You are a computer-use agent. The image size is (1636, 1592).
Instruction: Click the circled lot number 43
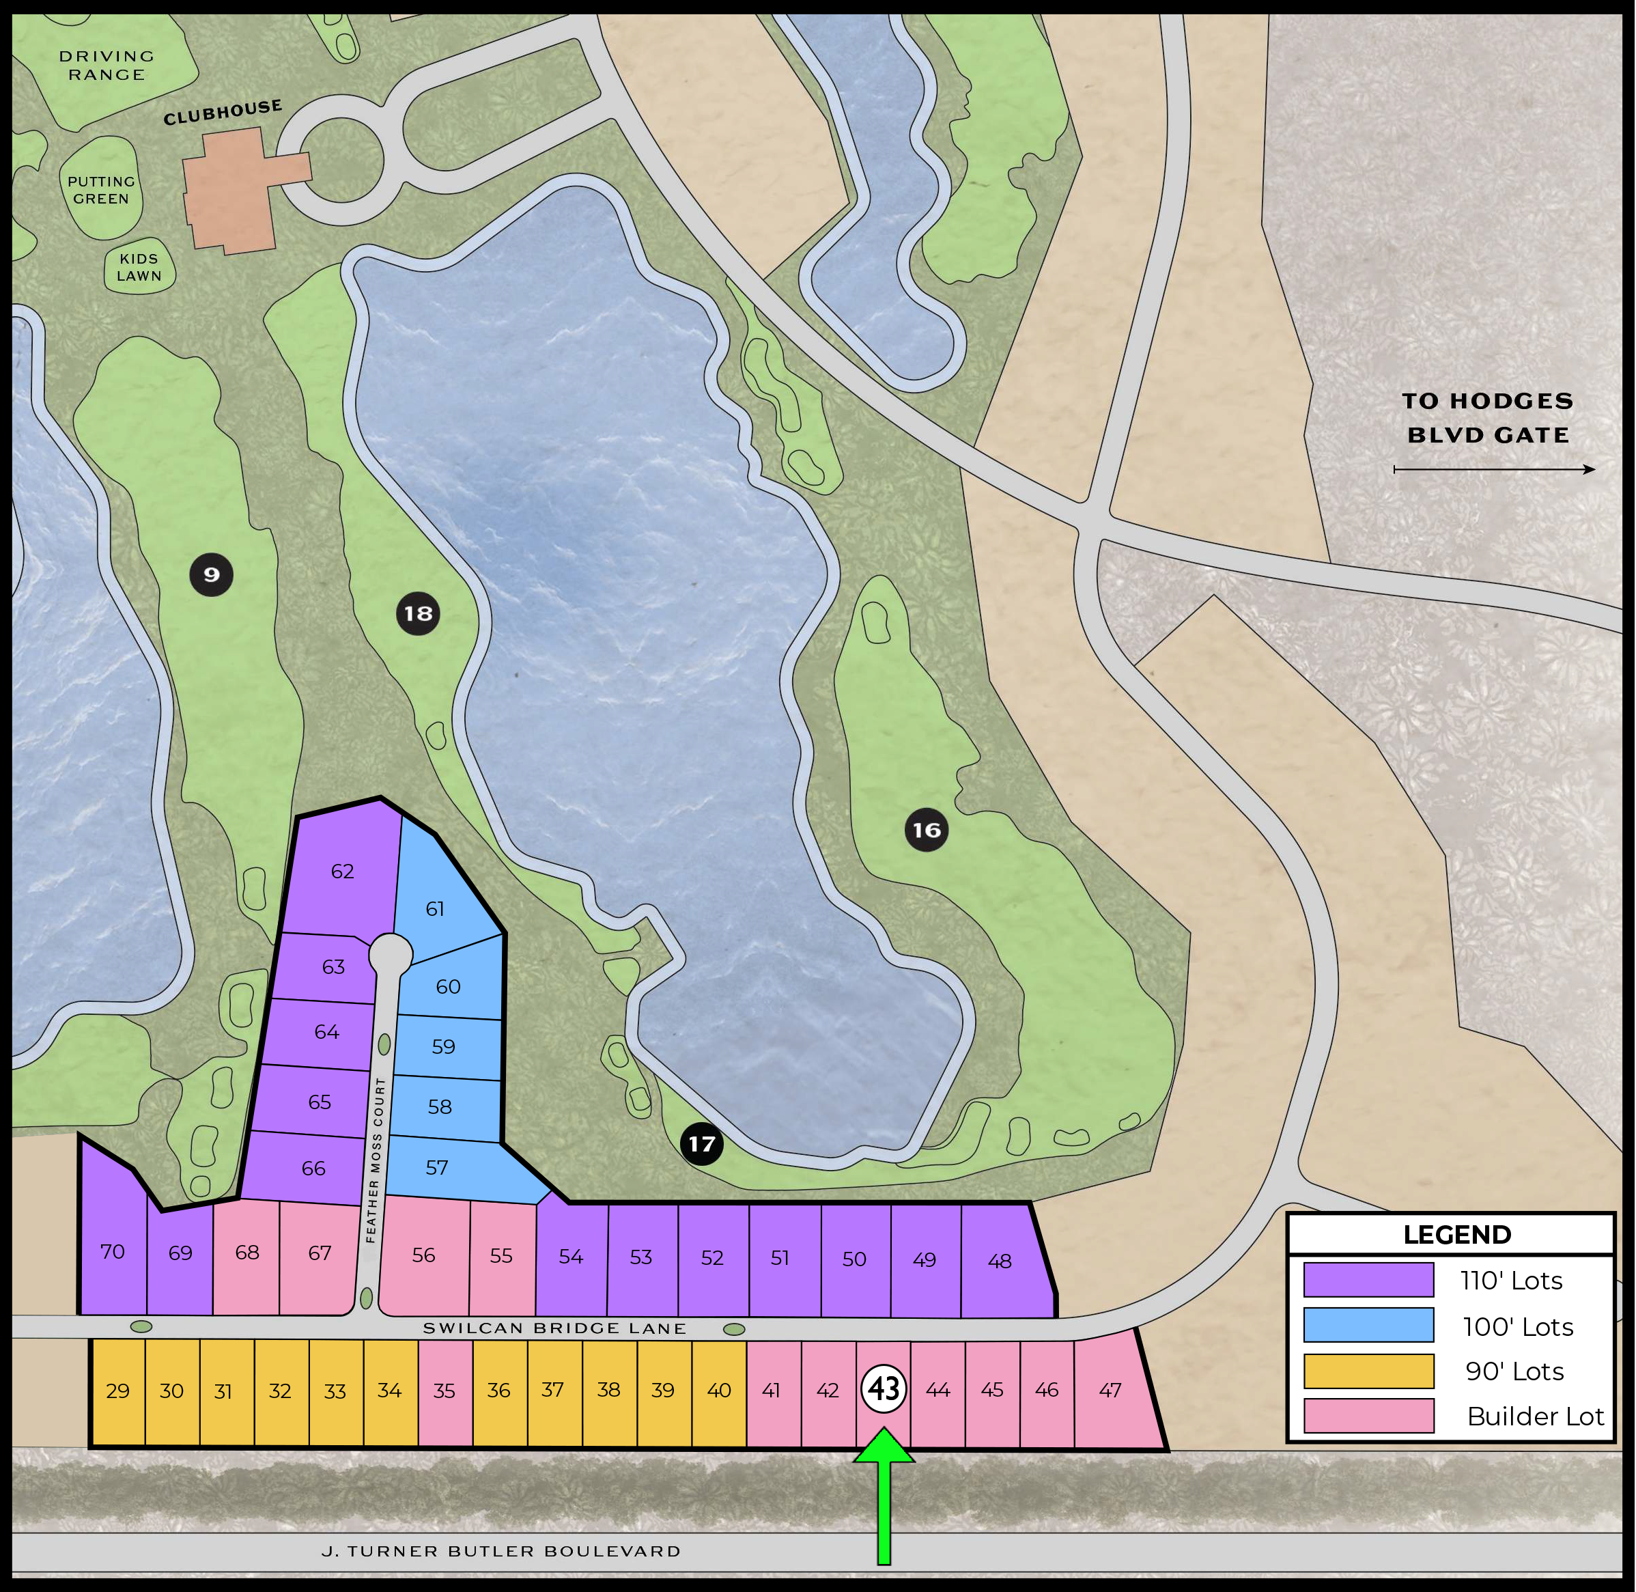[884, 1389]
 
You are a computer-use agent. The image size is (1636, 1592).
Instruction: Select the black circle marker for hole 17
[701, 1144]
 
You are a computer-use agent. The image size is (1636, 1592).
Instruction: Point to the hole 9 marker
[212, 574]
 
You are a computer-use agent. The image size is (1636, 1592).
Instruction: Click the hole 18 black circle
[418, 614]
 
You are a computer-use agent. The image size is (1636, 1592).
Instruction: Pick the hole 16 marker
[927, 830]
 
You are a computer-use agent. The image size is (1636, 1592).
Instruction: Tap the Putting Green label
[101, 190]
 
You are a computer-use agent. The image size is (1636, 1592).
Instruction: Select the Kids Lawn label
[139, 268]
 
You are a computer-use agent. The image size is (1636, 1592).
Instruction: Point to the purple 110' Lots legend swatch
[1368, 1280]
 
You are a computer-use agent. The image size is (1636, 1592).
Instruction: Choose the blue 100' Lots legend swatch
[1368, 1325]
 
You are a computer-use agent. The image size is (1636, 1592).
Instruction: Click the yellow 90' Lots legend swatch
[1368, 1371]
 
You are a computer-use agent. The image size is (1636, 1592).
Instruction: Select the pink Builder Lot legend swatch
[1368, 1416]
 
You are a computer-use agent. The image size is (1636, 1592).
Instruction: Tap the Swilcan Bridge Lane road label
[554, 1328]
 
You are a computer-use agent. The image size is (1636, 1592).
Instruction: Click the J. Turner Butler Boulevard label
[500, 1551]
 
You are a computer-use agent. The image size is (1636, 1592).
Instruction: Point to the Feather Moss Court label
[376, 1160]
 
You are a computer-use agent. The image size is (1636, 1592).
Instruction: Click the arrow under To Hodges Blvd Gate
[1494, 470]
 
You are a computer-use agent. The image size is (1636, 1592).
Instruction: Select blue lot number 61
[435, 909]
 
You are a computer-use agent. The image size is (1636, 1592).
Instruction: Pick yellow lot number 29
[118, 1391]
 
